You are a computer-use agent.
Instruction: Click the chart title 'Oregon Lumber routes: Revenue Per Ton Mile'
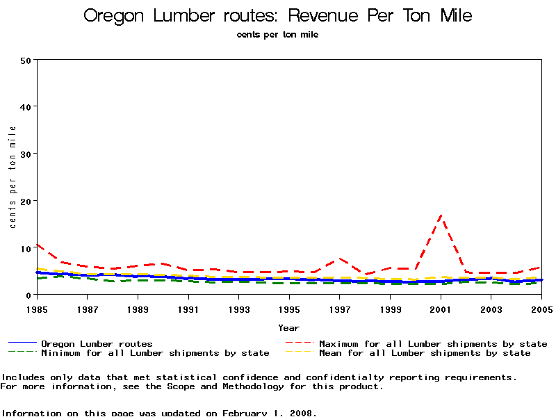[278, 16]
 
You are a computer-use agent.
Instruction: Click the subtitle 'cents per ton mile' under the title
[278, 35]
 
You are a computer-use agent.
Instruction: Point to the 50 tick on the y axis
[26, 60]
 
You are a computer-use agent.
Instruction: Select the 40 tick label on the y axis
[26, 107]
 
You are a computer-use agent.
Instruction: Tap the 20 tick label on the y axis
[26, 201]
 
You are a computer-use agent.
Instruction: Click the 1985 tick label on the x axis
[36, 307]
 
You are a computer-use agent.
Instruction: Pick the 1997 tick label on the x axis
[339, 307]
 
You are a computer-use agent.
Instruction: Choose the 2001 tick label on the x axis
[441, 307]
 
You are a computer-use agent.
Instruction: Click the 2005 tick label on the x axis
[541, 307]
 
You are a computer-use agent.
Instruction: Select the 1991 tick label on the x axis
[188, 307]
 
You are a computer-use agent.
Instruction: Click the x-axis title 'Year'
[288, 327]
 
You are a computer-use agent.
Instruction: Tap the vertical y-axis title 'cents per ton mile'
[13, 177]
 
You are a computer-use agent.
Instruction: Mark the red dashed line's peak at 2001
[441, 218]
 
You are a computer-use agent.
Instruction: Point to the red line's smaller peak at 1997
[339, 259]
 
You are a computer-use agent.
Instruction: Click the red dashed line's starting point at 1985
[37, 244]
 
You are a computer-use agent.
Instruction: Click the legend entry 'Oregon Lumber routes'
[97, 343]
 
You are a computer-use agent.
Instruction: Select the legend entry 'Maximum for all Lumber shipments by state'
[432, 343]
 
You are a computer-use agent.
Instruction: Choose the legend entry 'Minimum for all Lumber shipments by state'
[154, 353]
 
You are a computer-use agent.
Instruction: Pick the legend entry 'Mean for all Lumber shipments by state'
[424, 353]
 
